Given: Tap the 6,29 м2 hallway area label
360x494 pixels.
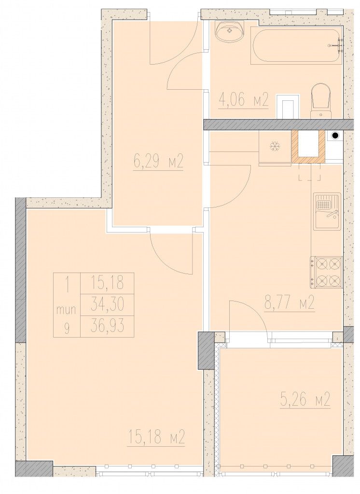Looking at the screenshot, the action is (x=158, y=163).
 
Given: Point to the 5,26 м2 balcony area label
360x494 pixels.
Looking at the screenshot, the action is (x=305, y=399).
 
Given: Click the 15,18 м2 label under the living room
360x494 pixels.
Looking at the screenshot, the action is (x=156, y=438).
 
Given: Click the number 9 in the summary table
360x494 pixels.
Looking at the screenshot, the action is (x=67, y=328).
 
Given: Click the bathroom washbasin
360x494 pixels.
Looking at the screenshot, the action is (x=230, y=31).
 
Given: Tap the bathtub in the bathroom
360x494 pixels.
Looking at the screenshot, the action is (x=296, y=45).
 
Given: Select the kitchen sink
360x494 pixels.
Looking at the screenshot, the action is (x=327, y=211).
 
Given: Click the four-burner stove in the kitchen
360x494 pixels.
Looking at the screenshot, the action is (x=327, y=273).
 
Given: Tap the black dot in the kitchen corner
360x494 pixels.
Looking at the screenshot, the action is (x=335, y=136).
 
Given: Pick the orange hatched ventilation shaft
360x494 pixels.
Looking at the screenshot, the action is (x=308, y=146).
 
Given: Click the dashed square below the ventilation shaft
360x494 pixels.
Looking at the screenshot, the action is (x=309, y=173).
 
